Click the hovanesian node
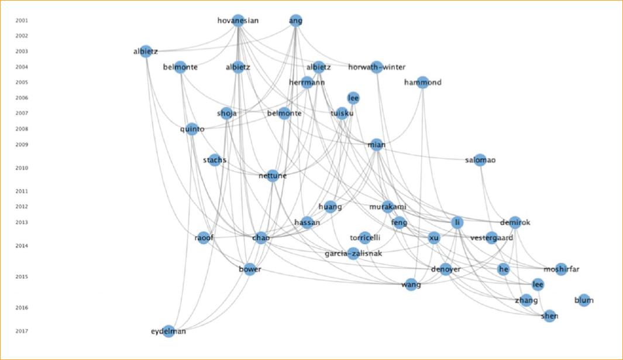point(238,21)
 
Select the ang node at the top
point(296,21)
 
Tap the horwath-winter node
point(377,67)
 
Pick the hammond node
point(423,83)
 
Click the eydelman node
point(168,331)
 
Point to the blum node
point(584,300)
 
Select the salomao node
point(480,160)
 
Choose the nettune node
point(273,175)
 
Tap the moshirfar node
point(561,269)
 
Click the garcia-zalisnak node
point(353,253)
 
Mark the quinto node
point(192,129)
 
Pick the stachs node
point(215,160)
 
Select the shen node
point(549,316)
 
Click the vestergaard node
point(491,238)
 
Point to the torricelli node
point(365,238)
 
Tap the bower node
point(250,269)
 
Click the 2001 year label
point(22,20)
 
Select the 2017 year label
point(22,331)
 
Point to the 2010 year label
point(22,168)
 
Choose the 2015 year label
point(22,276)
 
